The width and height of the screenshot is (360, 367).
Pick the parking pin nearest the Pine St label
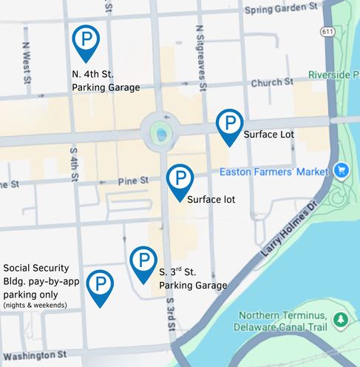tap(180, 180)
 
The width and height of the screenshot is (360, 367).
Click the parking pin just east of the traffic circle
tap(230, 124)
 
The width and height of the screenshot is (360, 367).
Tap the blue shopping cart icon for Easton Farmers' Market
tap(341, 170)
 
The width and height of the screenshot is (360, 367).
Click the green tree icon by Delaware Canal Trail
tap(340, 320)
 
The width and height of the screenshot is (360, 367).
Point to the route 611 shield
tap(325, 31)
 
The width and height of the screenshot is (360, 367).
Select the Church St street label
tap(267, 84)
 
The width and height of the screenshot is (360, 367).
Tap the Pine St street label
tap(135, 180)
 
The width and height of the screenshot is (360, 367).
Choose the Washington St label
tap(34, 354)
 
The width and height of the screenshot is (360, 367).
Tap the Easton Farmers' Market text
tap(274, 172)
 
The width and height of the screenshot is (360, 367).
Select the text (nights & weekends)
tap(35, 305)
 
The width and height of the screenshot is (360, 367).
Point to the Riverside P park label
tap(333, 75)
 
